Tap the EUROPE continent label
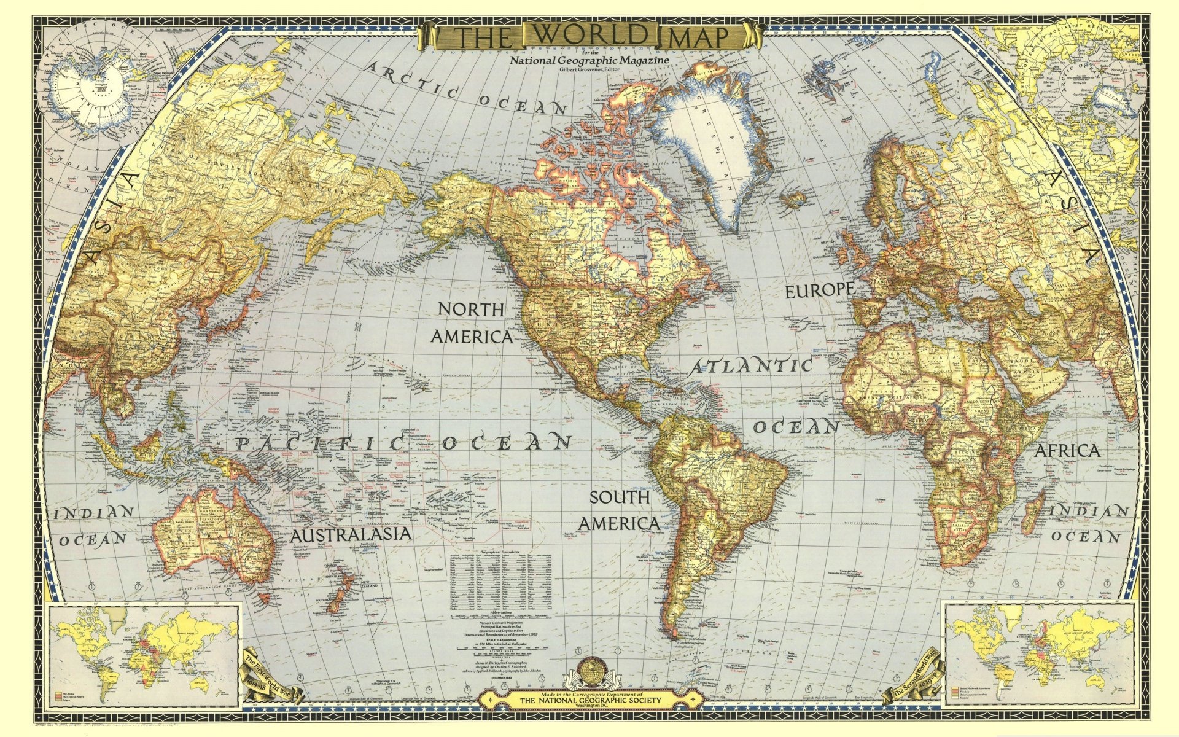click(x=820, y=290)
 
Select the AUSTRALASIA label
click(x=351, y=534)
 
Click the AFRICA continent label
click(x=1068, y=451)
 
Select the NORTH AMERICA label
click(x=472, y=323)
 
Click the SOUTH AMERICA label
click(x=620, y=510)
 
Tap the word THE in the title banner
click(x=484, y=37)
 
